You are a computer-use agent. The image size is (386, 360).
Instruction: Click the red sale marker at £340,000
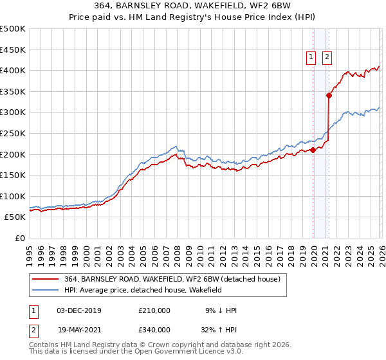(x=329, y=95)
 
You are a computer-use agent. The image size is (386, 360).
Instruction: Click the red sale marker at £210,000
(x=313, y=150)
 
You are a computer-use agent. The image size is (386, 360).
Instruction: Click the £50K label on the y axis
(x=15, y=217)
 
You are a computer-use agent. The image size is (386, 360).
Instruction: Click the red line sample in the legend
(x=46, y=280)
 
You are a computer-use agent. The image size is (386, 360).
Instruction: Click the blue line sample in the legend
(x=46, y=291)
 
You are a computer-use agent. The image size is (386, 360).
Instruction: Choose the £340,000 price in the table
(x=154, y=329)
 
